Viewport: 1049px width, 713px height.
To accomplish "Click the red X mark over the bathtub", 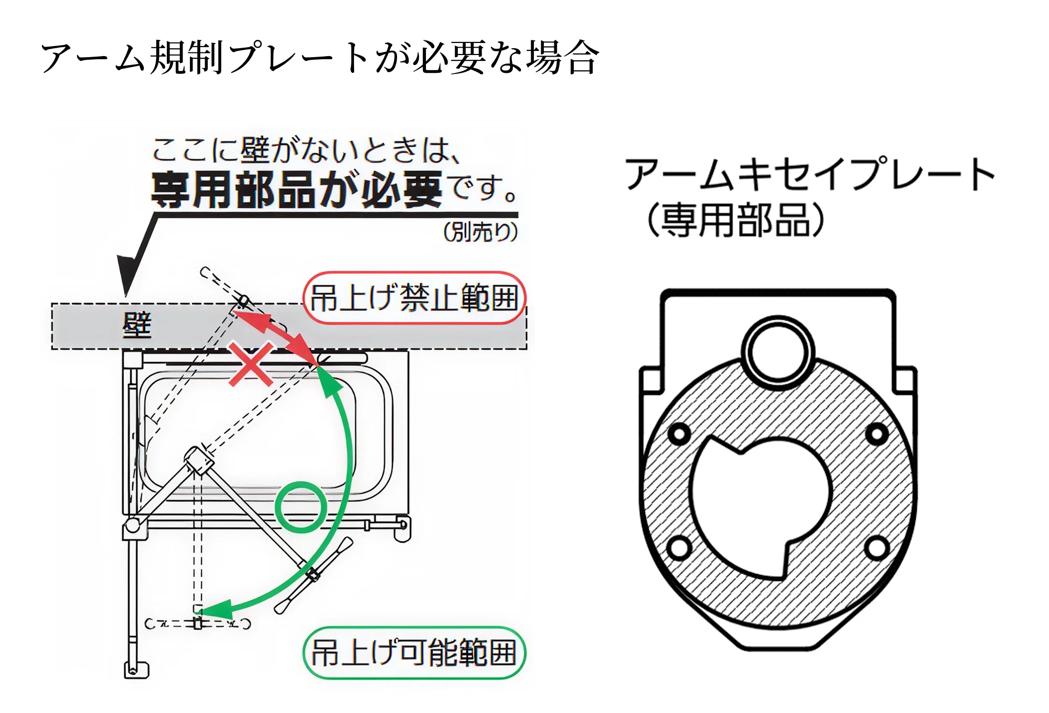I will tap(251, 364).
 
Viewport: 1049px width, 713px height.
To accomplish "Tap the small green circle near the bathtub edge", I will tap(301, 507).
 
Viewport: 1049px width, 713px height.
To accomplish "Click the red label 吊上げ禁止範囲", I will tap(414, 298).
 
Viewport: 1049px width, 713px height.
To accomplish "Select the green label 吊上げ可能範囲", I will tap(414, 653).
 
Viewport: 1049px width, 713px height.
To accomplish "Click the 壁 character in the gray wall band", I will tap(137, 325).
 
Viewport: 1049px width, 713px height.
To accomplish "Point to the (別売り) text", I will tap(480, 231).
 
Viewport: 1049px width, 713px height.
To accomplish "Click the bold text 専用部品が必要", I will tap(296, 190).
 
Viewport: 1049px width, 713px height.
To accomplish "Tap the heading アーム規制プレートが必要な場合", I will tap(320, 58).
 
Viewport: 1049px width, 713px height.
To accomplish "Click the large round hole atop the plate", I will tap(778, 352).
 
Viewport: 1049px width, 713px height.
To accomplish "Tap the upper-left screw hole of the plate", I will tap(680, 434).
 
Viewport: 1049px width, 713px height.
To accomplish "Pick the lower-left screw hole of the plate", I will tap(680, 548).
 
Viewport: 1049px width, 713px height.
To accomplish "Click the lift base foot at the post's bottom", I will tap(136, 670).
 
